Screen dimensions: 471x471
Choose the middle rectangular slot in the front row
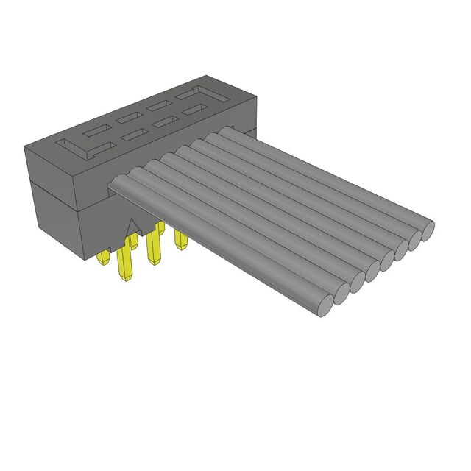click(x=163, y=123)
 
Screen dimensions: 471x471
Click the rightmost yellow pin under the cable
click(x=179, y=239)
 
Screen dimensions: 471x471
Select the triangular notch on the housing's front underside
click(x=134, y=226)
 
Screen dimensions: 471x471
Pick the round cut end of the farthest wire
click(x=427, y=224)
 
